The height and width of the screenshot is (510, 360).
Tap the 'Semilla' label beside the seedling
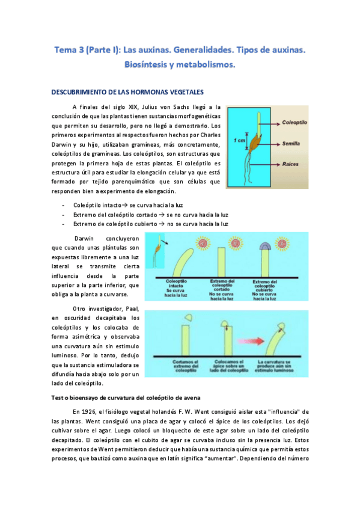coord(293,144)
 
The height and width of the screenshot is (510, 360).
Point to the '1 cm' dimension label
coord(239,140)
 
